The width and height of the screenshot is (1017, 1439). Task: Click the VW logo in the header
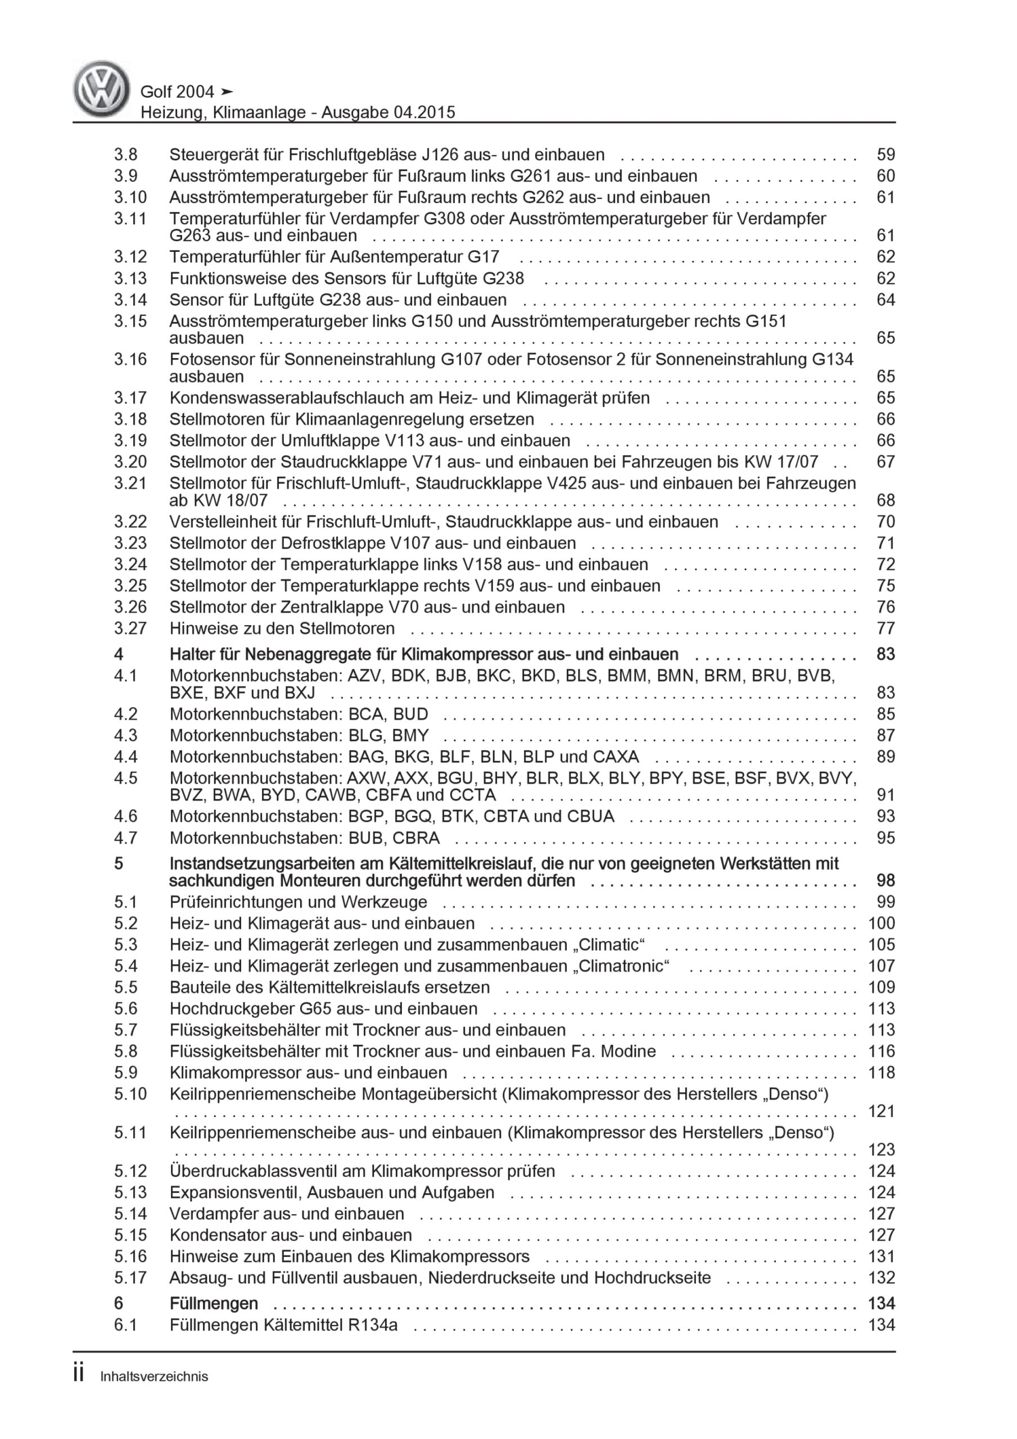pos(102,89)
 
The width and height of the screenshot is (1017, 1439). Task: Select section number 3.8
pos(125,155)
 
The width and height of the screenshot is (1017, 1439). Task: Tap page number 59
pos(885,155)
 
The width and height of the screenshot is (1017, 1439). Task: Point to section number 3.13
pos(130,278)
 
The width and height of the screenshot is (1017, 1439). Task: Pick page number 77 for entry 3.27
pos(885,628)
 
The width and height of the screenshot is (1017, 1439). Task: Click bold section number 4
pos(119,654)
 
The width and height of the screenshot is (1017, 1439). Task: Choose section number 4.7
pos(125,838)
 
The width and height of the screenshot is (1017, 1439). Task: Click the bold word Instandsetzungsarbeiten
pos(272,863)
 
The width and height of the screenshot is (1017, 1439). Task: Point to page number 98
pos(885,881)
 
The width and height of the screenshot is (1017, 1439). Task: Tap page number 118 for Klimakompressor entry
pos(881,1073)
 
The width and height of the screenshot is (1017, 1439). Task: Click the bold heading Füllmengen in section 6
pos(214,1304)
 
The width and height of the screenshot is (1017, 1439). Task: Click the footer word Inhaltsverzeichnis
pos(154,1377)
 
